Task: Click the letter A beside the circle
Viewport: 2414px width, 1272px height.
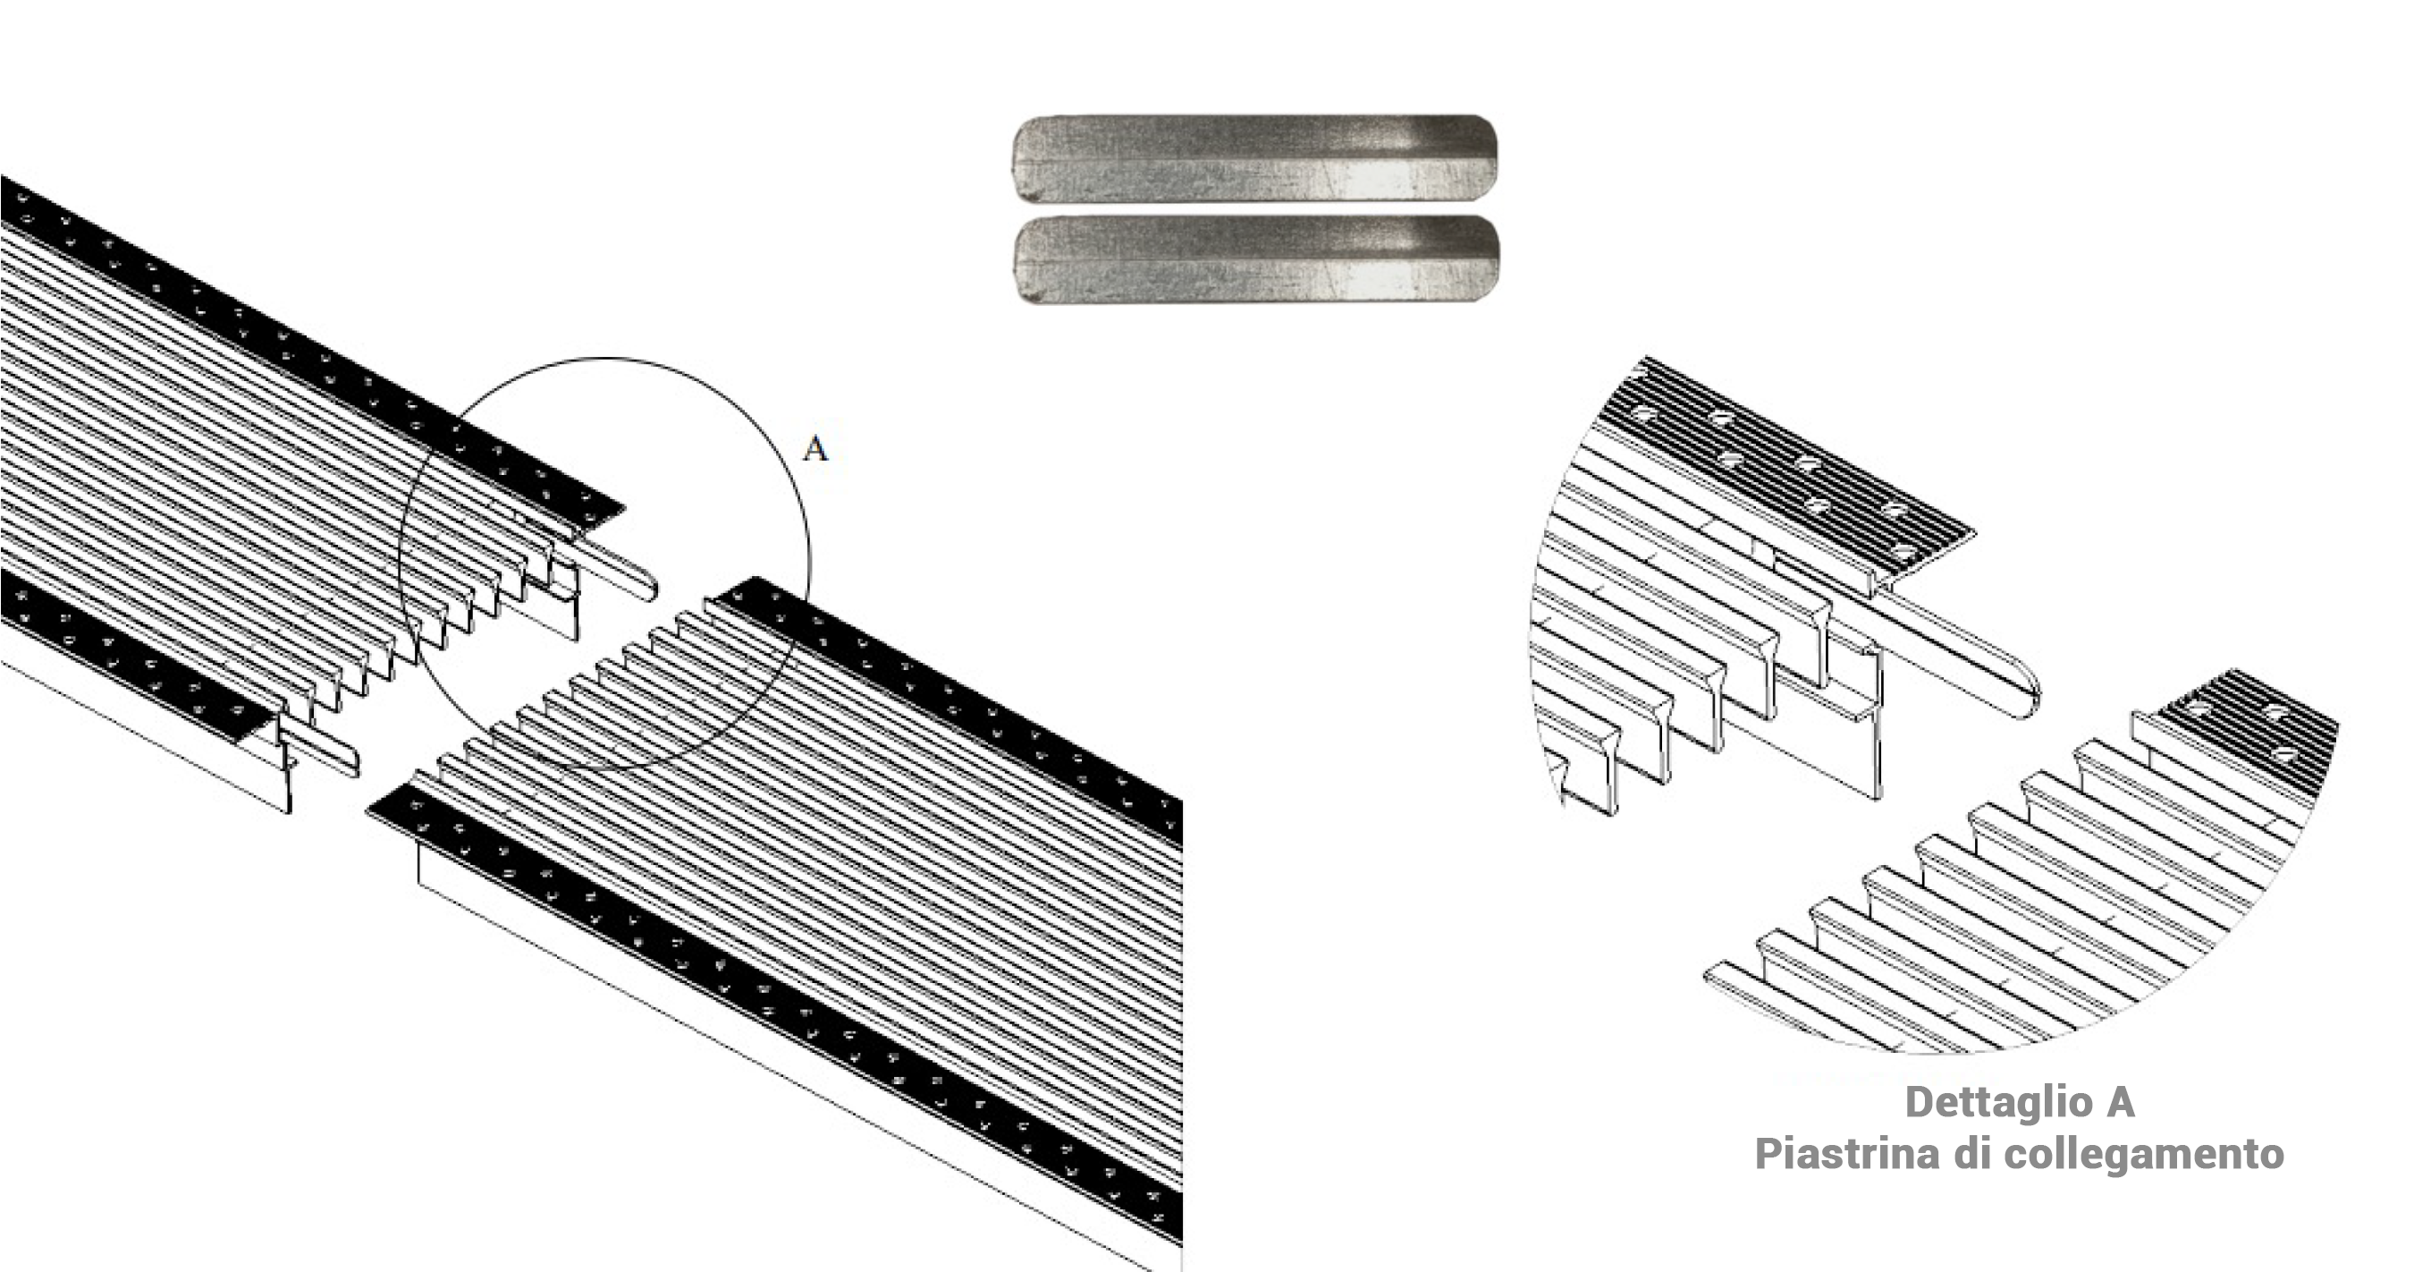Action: [x=815, y=449]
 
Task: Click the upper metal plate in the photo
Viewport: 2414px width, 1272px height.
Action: [x=1253, y=158]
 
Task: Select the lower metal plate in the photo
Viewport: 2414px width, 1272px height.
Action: [x=1257, y=259]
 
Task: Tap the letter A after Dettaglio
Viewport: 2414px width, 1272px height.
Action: [x=2121, y=1102]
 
